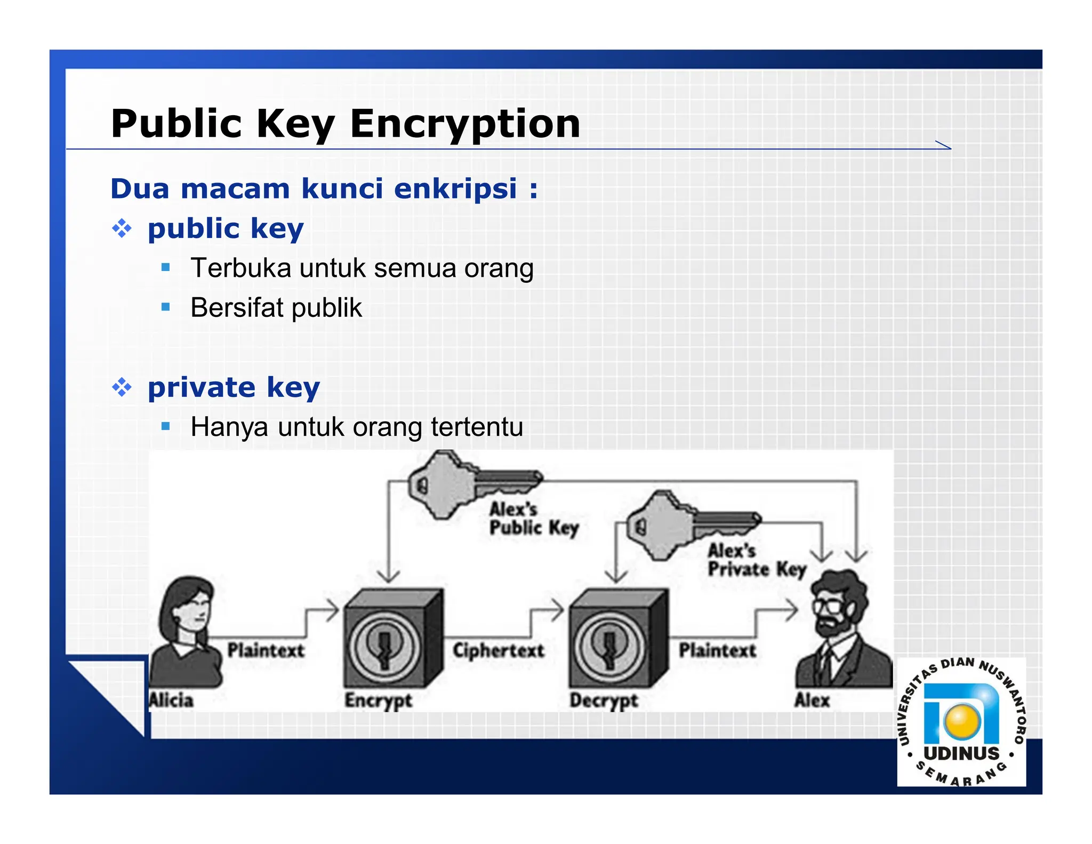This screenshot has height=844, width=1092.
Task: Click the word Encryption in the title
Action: click(x=464, y=124)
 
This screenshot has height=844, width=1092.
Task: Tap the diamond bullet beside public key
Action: click(x=122, y=228)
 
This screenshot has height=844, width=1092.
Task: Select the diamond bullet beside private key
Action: click(x=122, y=387)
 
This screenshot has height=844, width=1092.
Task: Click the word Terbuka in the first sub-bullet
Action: click(x=241, y=268)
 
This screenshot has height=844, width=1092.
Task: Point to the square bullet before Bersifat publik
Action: click(x=166, y=307)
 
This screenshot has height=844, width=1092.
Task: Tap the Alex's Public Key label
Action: click(x=533, y=518)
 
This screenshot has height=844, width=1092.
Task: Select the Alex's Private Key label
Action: click(x=756, y=560)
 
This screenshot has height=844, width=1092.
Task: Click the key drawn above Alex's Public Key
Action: click(x=469, y=483)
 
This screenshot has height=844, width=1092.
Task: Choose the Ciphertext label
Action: click(x=499, y=650)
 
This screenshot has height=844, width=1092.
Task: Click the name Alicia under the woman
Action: click(x=171, y=700)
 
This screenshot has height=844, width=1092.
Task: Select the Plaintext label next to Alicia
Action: click(x=266, y=650)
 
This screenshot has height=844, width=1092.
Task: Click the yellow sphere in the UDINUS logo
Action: click(x=962, y=721)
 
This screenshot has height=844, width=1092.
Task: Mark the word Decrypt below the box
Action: click(x=604, y=700)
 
